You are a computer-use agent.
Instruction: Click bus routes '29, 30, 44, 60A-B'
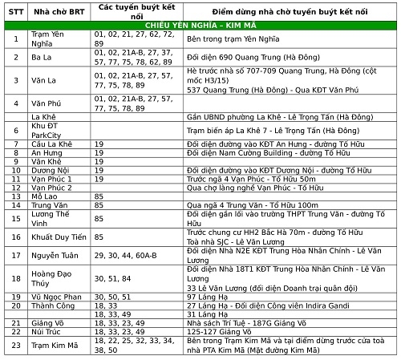(x=123, y=254)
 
